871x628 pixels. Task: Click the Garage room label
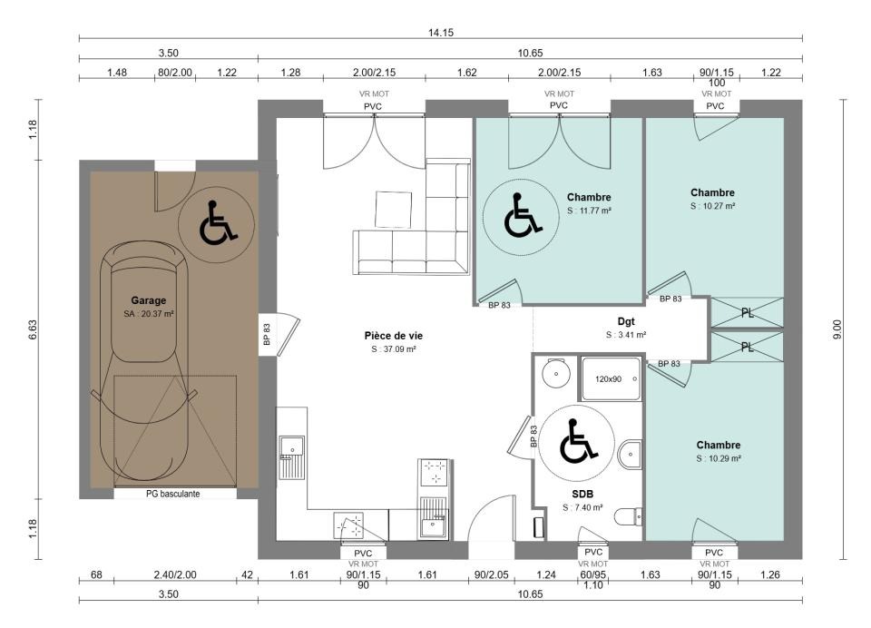click(x=148, y=300)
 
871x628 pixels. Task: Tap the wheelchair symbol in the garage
click(x=217, y=224)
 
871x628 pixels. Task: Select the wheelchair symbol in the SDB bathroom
click(x=578, y=442)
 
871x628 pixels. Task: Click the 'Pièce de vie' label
click(x=393, y=336)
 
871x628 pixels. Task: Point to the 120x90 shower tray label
click(x=608, y=379)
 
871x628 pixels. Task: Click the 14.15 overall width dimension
click(x=441, y=33)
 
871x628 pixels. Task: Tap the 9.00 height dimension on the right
click(x=838, y=329)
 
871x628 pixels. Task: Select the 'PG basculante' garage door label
click(x=172, y=494)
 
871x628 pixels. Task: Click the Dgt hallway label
click(x=626, y=321)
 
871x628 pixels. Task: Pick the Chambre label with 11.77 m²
click(x=589, y=197)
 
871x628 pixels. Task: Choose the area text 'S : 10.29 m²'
click(x=719, y=458)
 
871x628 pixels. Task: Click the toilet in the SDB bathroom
click(x=629, y=517)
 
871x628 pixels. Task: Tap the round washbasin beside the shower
click(x=556, y=374)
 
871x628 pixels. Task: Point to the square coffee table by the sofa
click(x=393, y=210)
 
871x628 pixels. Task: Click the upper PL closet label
click(x=748, y=313)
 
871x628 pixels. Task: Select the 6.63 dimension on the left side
click(x=33, y=329)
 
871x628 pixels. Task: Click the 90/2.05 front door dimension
click(x=491, y=574)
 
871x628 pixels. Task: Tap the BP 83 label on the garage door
click(x=267, y=335)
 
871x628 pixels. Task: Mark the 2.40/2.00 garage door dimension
click(x=175, y=574)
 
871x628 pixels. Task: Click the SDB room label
click(x=582, y=494)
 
